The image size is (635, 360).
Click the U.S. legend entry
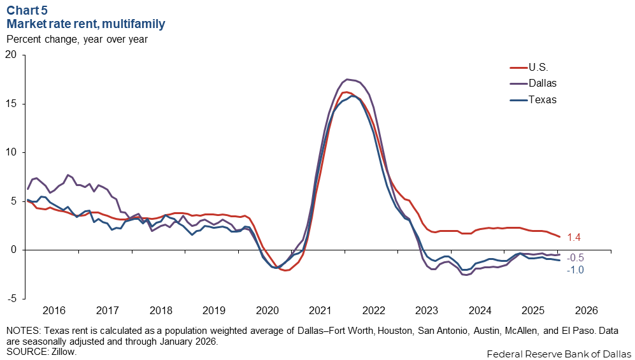(x=538, y=67)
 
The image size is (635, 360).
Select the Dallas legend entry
(x=543, y=83)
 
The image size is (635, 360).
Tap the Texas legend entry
(x=543, y=99)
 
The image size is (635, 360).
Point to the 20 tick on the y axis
(x=11, y=55)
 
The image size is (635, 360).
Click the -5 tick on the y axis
(x=11, y=298)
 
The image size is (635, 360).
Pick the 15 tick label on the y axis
(x=11, y=104)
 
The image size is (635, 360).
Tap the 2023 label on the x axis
(x=427, y=311)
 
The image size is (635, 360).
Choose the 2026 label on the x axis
(x=587, y=311)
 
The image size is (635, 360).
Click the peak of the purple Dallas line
(x=347, y=79)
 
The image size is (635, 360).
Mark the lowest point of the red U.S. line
(x=286, y=270)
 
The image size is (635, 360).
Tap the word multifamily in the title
(x=136, y=24)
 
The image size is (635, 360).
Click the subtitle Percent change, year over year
(x=77, y=39)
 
